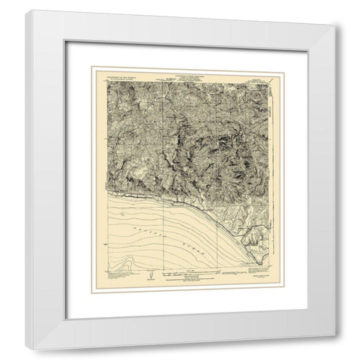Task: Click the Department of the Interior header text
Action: tap(111, 72)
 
